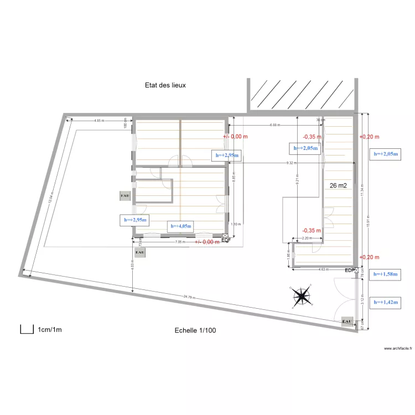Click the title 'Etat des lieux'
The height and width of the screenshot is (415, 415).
click(x=165, y=85)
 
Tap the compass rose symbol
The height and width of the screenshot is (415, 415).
click(x=302, y=297)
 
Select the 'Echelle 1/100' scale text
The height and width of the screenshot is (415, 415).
click(x=196, y=330)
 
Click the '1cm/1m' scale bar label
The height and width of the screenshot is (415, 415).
click(x=50, y=330)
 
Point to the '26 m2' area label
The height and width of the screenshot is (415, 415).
click(x=338, y=186)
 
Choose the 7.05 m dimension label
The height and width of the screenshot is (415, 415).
click(x=180, y=242)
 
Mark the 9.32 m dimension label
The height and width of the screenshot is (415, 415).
click(x=290, y=163)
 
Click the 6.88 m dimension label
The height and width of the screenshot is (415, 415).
click(x=274, y=125)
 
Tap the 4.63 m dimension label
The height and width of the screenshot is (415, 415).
click(x=324, y=270)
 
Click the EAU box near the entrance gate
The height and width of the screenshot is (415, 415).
click(x=347, y=321)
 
